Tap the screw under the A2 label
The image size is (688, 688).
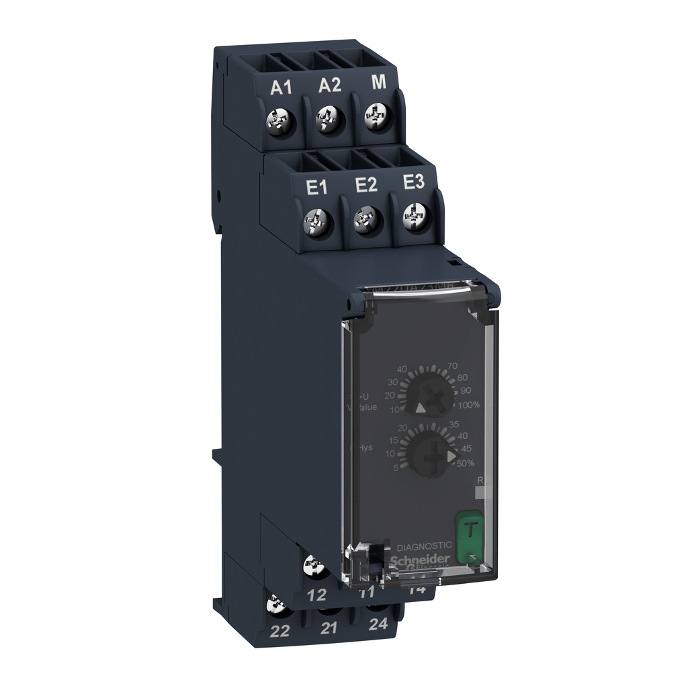[x=329, y=122]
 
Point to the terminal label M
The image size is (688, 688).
[x=378, y=83]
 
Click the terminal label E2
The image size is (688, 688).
[x=365, y=185]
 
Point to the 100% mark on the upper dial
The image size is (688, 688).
[x=468, y=404]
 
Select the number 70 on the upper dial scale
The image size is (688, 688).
[x=452, y=365]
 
